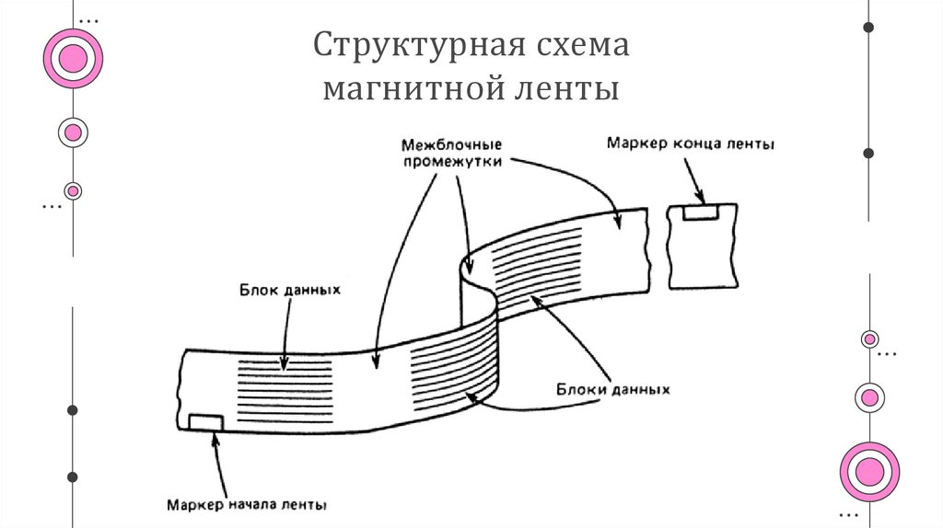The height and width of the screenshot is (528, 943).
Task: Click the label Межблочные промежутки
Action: [451, 153]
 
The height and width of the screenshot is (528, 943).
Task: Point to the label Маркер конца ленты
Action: [690, 143]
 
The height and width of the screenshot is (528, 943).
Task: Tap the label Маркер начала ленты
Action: [248, 504]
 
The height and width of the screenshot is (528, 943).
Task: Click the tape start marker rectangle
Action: [205, 421]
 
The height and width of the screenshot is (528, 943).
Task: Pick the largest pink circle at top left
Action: [73, 59]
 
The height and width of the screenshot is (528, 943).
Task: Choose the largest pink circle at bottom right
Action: [869, 472]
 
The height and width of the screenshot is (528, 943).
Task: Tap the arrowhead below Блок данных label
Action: [285, 362]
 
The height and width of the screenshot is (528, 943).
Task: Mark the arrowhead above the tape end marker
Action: [702, 198]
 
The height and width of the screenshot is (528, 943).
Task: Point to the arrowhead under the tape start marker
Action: [215, 438]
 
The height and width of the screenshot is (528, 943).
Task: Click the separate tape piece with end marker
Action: [701, 244]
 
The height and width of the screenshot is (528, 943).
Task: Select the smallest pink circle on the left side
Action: [73, 190]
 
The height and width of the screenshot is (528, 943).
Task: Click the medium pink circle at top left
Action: [73, 132]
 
